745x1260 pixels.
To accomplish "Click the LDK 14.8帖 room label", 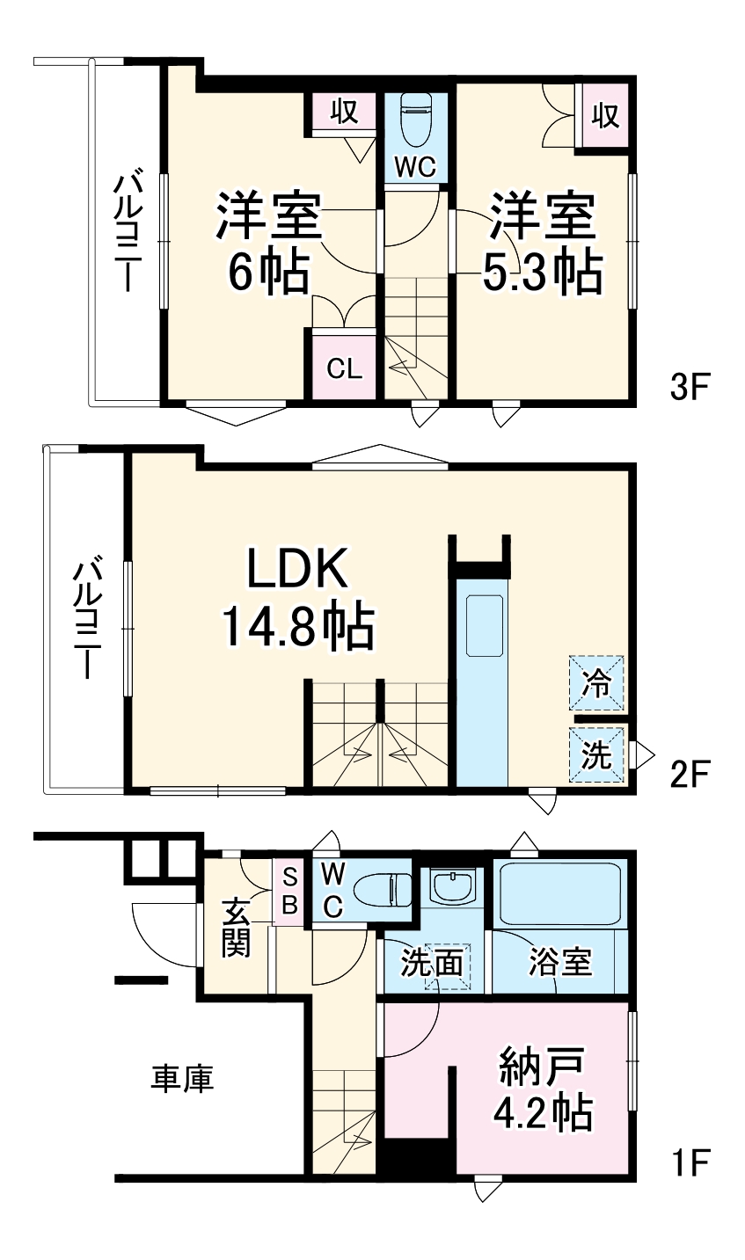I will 296,599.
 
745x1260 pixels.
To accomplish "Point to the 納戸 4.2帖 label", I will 542,1090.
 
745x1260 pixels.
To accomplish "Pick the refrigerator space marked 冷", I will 597,683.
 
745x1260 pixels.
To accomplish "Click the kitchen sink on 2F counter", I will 483,625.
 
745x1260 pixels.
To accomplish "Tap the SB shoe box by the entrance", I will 289,892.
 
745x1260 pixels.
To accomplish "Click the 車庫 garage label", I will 183,1077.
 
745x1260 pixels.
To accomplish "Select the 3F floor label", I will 689,387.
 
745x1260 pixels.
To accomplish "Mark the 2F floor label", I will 689,775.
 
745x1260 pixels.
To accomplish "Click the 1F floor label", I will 689,1162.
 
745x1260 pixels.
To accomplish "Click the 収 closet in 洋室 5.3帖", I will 604,115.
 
